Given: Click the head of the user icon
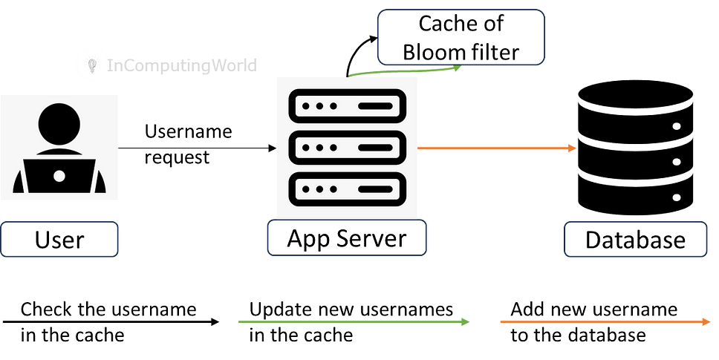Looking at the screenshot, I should click(59, 123).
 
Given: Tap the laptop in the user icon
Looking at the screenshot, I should click(59, 175).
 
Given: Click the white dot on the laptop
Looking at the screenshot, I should click(59, 176).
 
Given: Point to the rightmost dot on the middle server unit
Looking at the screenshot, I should click(332, 148).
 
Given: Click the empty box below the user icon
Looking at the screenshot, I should click(59, 239).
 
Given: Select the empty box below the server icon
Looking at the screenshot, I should click(347, 238).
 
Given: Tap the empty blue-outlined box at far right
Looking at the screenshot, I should click(636, 239).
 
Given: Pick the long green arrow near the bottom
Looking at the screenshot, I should click(354, 321).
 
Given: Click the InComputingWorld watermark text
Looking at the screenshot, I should click(183, 66).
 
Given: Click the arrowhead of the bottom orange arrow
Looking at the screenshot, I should click(707, 321).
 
